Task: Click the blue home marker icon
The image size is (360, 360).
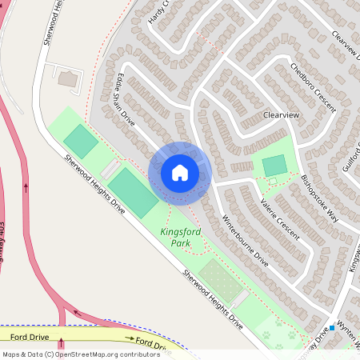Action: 180,173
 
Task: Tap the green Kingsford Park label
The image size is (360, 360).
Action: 181,237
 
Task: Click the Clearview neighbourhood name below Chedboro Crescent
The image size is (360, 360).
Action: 281,115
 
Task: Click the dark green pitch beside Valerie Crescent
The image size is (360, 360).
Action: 274,166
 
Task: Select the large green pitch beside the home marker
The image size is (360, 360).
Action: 134,193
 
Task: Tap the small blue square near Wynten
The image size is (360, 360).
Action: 331,328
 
